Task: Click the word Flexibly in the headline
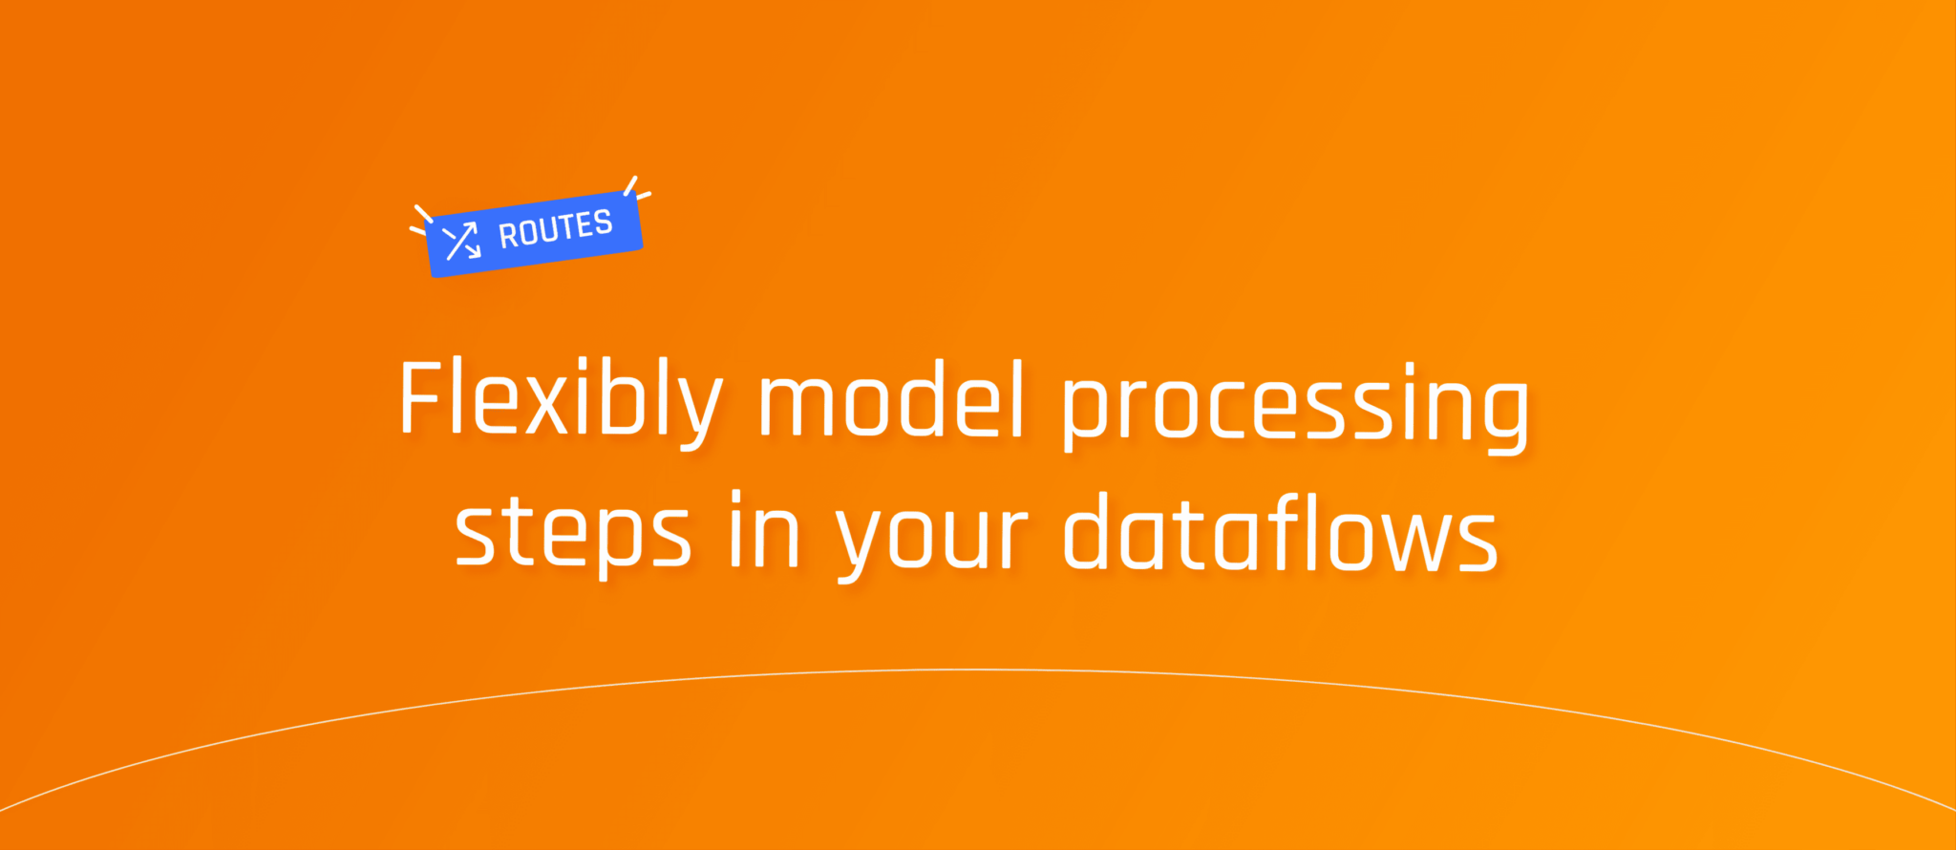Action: pos(561,402)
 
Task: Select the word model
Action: pos(892,399)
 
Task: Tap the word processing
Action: pos(1296,408)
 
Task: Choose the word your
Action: pos(932,541)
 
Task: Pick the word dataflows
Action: pos(1281,530)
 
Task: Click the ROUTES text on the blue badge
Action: pos(556,229)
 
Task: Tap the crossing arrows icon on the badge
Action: pos(462,241)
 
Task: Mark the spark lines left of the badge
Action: pos(420,220)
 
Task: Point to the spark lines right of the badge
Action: pos(637,187)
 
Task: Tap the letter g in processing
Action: pos(1500,416)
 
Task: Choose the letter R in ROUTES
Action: pos(508,235)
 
